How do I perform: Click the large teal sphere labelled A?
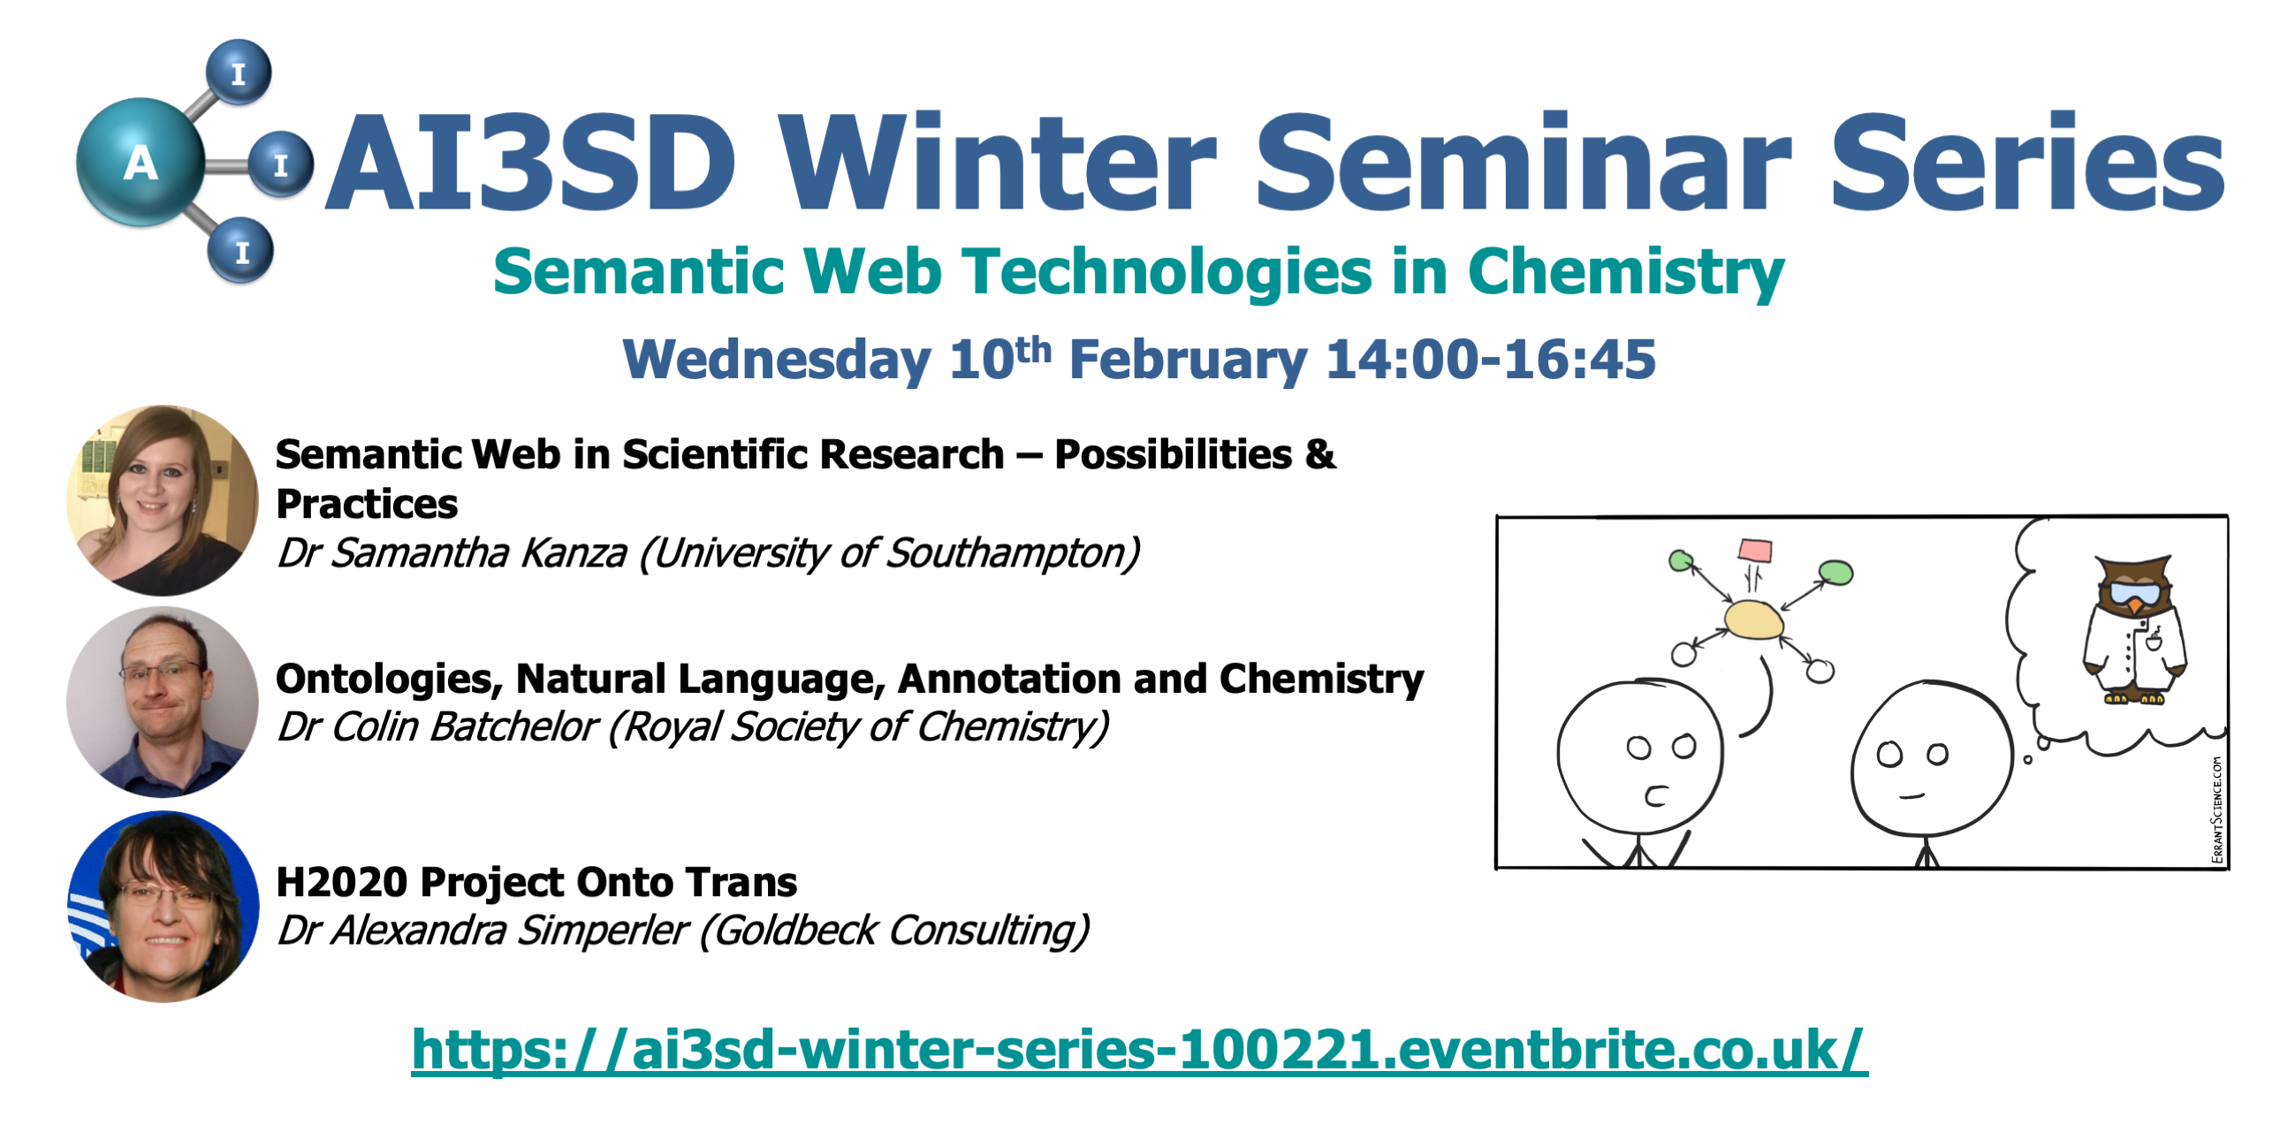point(141,162)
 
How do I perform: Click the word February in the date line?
point(1188,361)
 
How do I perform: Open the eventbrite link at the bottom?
point(1139,1050)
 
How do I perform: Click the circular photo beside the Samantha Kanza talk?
point(162,500)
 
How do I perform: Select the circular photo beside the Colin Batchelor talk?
point(162,702)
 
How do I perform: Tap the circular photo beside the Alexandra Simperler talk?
point(163,907)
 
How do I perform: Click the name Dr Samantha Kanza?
point(452,553)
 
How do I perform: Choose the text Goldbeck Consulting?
point(894,931)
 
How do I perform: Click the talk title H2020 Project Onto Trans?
point(536,883)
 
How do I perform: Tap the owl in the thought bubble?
point(2135,629)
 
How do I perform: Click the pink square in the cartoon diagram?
point(1754,551)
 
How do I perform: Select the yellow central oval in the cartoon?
point(1753,619)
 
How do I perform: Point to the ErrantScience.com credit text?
point(2216,809)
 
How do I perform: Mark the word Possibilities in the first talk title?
point(1174,454)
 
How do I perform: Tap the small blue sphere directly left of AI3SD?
point(280,163)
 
